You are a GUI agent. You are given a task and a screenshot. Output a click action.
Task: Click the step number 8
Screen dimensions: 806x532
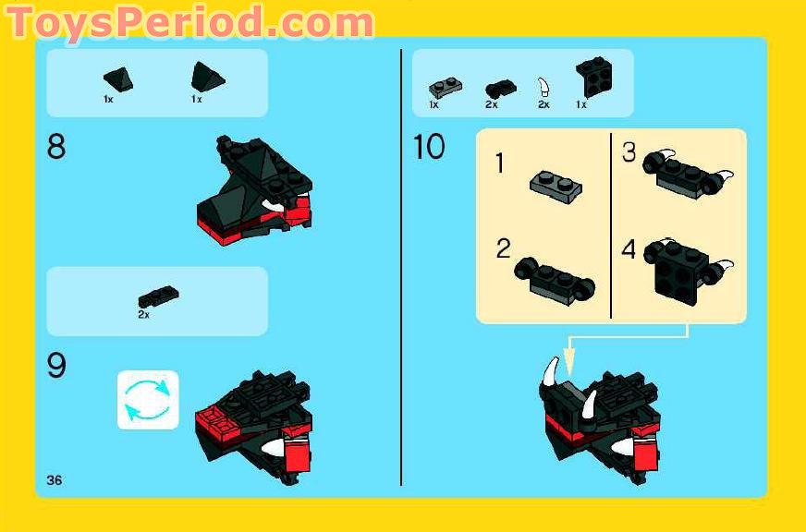point(56,146)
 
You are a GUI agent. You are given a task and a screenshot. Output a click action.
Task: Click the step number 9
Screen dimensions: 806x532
point(56,365)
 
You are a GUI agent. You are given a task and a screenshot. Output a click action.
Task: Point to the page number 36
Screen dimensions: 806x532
point(54,480)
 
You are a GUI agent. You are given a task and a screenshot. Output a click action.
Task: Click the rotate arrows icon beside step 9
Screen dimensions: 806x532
point(148,400)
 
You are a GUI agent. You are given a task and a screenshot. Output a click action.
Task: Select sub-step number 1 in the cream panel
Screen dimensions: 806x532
point(500,163)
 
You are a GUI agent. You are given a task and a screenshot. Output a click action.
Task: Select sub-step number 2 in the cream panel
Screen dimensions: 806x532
point(503,248)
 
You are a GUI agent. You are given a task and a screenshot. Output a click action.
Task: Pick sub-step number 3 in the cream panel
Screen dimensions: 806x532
point(629,152)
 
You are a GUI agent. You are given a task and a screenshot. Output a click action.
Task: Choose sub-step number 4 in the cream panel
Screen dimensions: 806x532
point(629,249)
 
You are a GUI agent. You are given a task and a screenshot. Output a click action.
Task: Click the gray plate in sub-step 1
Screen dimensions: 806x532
point(556,187)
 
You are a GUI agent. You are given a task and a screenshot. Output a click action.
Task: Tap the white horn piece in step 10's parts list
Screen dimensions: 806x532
point(543,88)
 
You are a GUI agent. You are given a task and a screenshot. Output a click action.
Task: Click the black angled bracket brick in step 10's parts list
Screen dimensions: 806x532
point(594,76)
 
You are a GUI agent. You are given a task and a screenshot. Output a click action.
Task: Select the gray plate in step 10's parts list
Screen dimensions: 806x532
point(446,88)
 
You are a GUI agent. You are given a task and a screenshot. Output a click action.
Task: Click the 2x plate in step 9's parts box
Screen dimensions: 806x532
point(158,296)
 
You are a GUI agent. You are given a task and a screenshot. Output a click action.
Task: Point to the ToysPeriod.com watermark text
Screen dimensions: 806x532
point(190,22)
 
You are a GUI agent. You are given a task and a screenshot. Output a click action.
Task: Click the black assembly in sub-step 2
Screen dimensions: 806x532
point(555,281)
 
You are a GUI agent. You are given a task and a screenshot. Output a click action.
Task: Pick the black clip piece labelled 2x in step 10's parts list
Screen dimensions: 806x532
point(501,90)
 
